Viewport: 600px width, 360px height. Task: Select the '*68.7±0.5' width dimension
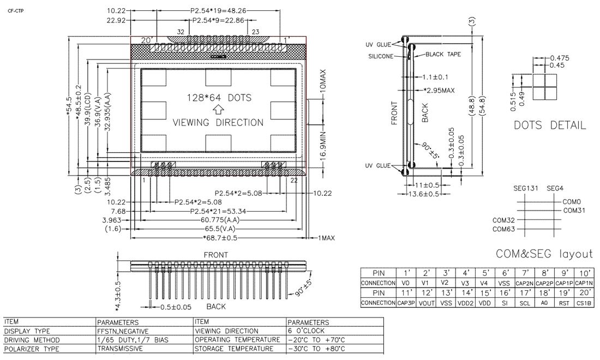[x=221, y=238]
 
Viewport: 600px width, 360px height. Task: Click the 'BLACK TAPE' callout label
[x=443, y=55]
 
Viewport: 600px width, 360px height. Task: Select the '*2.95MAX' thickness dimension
[x=439, y=90]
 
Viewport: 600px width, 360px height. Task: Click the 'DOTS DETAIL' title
[x=550, y=125]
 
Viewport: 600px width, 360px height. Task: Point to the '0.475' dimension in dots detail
[x=560, y=58]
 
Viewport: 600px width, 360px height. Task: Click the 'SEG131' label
[x=525, y=188]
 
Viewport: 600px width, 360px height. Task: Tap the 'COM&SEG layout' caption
[x=544, y=254]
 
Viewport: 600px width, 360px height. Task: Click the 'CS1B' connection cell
[x=584, y=303]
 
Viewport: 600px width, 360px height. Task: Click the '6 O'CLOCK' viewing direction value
[x=307, y=331]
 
